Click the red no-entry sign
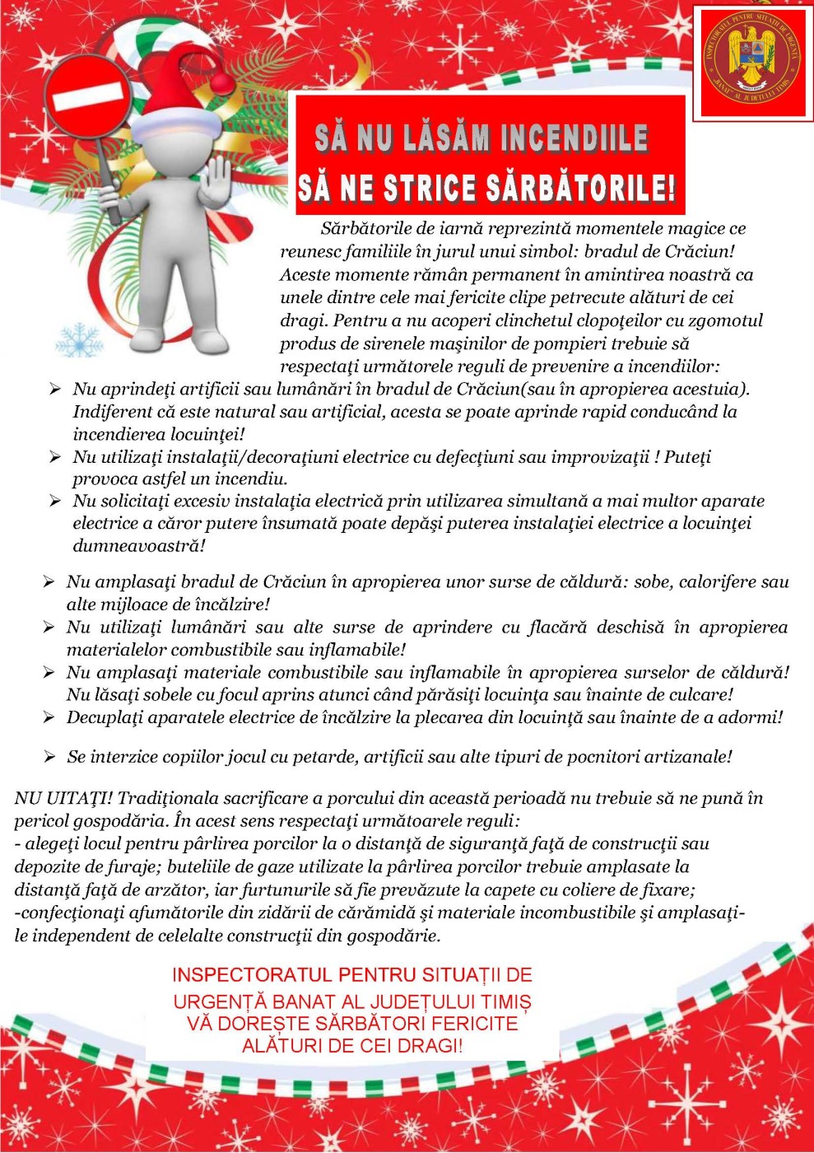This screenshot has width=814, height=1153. click(x=88, y=100)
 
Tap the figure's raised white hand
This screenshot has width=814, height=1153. click(x=219, y=181)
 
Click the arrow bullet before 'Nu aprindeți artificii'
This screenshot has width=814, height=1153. click(x=55, y=390)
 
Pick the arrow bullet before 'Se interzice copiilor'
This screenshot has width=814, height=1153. click(x=49, y=756)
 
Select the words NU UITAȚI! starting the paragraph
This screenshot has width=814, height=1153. click(x=63, y=798)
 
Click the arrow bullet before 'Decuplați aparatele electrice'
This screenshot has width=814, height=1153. click(x=49, y=717)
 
